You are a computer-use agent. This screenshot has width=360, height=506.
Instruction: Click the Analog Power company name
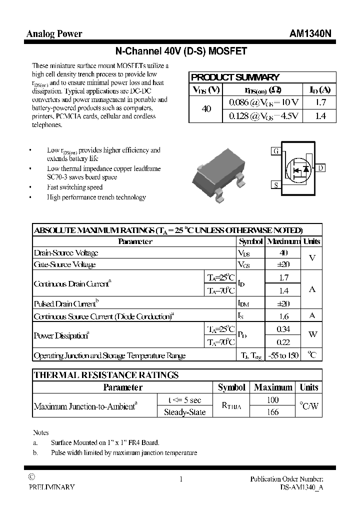point(54,34)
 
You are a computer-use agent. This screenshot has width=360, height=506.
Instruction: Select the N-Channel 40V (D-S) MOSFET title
point(180,51)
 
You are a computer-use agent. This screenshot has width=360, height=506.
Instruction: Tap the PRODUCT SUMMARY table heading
point(235,77)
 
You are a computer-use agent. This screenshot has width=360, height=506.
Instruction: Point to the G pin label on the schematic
point(275,151)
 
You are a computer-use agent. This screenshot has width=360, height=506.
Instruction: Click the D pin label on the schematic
point(320,168)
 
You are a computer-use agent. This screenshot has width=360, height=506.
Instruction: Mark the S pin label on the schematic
point(275,185)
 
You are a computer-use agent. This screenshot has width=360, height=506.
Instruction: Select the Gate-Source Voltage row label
point(64,264)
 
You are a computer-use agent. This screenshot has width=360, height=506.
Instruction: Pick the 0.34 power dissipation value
point(283,329)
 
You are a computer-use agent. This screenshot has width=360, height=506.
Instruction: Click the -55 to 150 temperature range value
point(283,355)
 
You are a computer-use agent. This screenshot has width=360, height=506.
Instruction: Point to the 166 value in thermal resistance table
point(273,412)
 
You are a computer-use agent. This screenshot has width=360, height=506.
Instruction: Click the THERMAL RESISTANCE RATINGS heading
point(106,375)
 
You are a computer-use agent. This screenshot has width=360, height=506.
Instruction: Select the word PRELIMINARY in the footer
point(52,487)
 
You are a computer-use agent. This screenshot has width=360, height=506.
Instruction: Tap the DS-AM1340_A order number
point(301,487)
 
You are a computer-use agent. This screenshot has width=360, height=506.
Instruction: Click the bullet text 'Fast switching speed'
point(75,187)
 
